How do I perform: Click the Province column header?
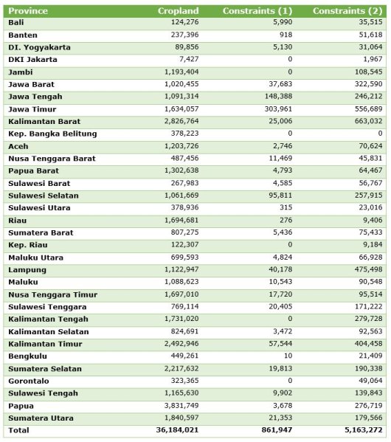tap(29, 11)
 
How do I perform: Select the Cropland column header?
tap(178, 11)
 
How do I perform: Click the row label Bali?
tap(15, 23)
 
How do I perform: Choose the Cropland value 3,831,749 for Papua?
tap(178, 406)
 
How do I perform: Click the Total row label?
tap(18, 430)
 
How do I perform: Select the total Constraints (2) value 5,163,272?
tap(360, 430)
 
